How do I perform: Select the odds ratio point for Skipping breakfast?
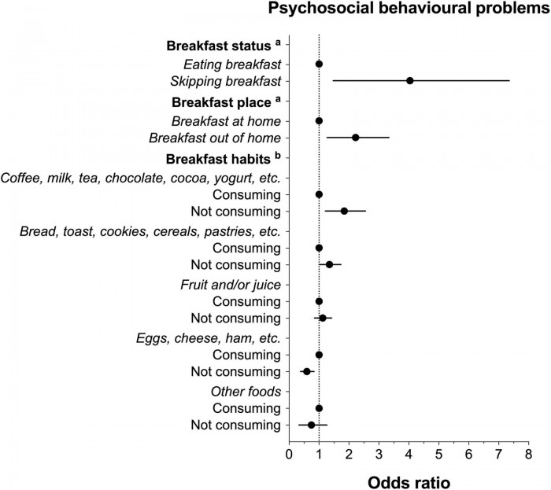(x=410, y=81)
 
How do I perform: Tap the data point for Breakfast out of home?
(x=356, y=138)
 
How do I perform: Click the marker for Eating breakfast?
(x=319, y=64)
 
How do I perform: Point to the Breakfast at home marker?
(x=319, y=120)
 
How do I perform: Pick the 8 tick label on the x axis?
(x=528, y=454)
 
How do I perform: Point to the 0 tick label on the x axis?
(x=289, y=454)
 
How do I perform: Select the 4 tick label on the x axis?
(x=409, y=454)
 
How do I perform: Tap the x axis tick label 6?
(x=468, y=454)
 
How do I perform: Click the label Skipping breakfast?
(x=226, y=81)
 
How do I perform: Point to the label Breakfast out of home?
(x=214, y=138)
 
